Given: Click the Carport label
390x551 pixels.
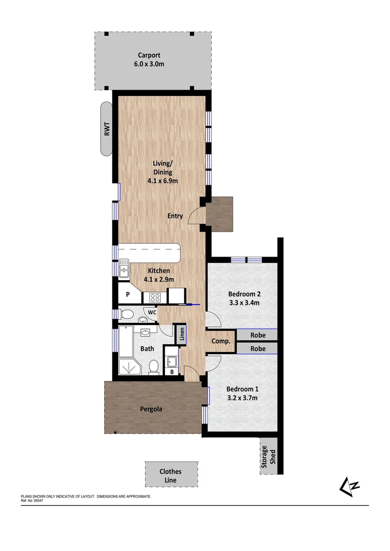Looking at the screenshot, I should [149, 55].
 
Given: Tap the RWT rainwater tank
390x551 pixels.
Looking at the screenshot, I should [107, 129].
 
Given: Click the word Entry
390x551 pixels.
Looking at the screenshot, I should [175, 216].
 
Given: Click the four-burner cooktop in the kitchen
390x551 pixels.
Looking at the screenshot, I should [154, 297].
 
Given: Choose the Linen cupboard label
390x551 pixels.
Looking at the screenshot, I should [181, 334].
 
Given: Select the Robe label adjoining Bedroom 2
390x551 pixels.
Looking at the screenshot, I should [258, 335].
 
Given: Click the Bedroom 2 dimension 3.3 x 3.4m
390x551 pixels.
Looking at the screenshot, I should [244, 303].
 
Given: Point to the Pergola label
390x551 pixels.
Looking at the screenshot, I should [152, 409].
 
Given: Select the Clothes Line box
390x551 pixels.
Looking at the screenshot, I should [170, 475].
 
